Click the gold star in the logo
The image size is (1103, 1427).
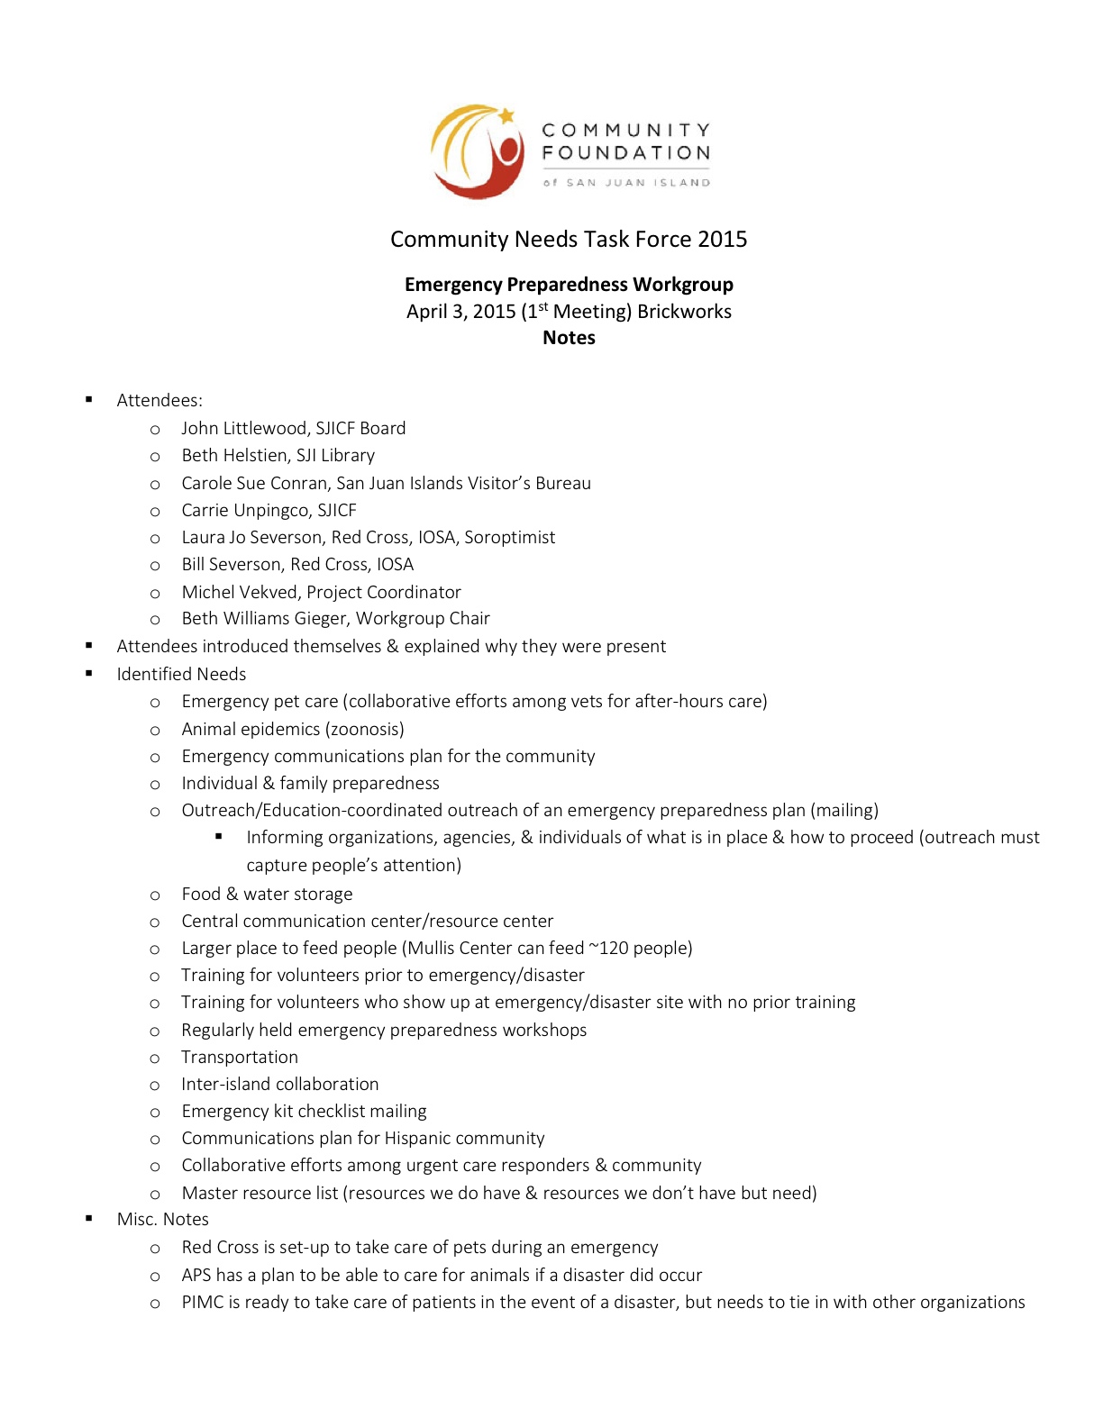click(506, 115)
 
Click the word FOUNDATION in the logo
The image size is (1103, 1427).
click(626, 153)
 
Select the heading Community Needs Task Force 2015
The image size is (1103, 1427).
click(569, 240)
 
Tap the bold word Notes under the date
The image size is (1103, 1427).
click(569, 338)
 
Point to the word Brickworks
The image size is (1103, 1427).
click(684, 312)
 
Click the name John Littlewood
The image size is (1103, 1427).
click(243, 429)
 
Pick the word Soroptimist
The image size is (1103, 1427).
click(510, 538)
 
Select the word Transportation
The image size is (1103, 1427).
click(240, 1058)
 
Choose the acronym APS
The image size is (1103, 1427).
click(196, 1276)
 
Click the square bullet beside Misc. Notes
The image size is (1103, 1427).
click(89, 1219)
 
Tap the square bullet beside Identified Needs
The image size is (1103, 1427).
click(89, 673)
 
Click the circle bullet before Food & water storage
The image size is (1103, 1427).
click(155, 895)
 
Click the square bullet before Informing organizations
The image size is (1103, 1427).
click(219, 837)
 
